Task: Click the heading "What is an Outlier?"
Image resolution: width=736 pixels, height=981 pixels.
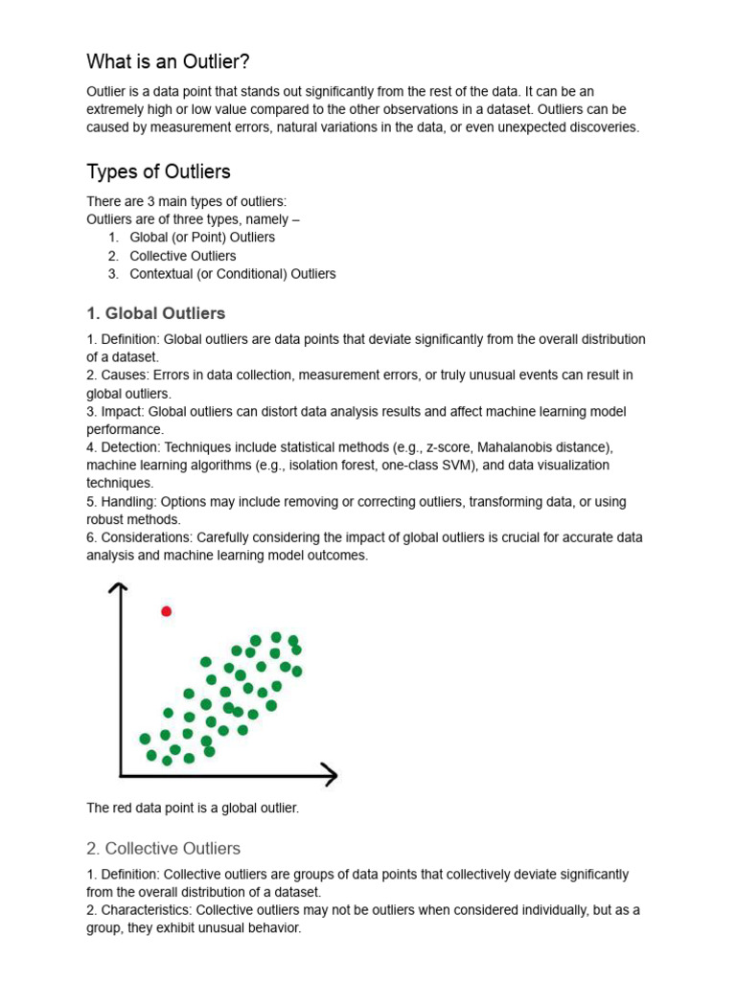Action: coord(168,62)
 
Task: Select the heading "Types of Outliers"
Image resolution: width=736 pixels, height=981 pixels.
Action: coord(158,172)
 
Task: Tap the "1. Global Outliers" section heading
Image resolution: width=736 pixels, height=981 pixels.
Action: coord(156,313)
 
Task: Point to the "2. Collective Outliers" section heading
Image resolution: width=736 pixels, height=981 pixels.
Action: coord(163,848)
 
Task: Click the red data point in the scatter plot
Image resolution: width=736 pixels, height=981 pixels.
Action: coord(167,611)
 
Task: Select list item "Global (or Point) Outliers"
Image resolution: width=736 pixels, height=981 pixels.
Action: coord(202,238)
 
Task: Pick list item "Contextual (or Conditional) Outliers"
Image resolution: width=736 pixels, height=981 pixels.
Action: coord(233,274)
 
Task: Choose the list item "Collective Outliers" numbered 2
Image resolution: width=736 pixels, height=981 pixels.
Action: coord(183,256)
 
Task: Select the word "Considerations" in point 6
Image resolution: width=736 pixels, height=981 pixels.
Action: coord(145,537)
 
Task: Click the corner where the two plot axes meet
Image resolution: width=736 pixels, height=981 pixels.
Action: coord(121,773)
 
